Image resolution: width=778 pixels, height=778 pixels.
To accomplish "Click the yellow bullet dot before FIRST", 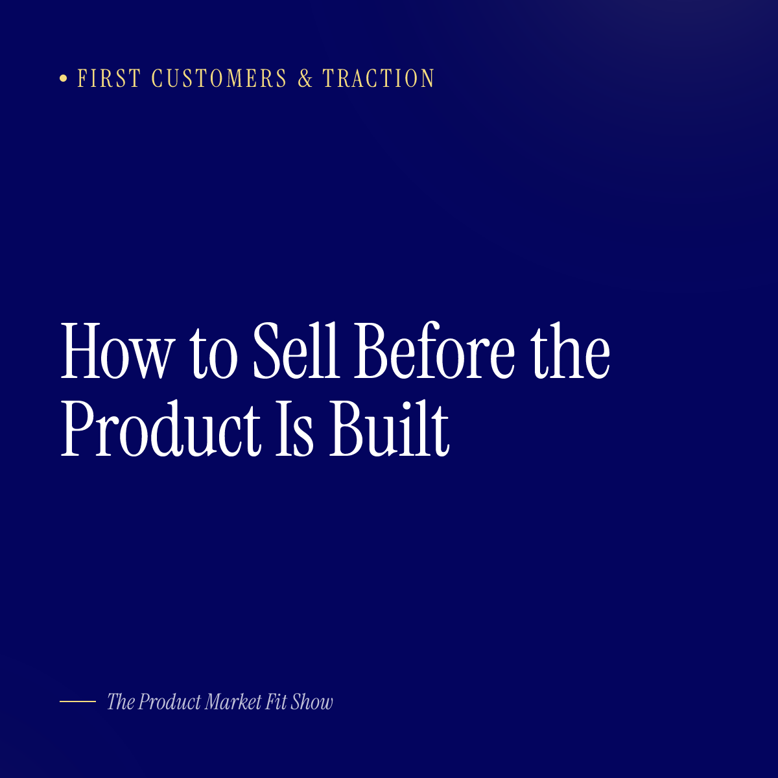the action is (x=64, y=78).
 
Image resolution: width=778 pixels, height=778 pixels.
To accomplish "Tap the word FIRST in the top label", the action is (x=109, y=78).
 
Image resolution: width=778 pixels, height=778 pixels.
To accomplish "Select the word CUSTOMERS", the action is (x=219, y=78).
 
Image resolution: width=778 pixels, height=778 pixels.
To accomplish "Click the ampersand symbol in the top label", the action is (x=305, y=78).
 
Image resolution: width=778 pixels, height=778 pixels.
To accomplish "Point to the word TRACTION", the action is (x=379, y=78).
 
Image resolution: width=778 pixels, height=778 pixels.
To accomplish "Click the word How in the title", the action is (x=118, y=351).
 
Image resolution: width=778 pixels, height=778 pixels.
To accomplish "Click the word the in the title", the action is (x=570, y=351).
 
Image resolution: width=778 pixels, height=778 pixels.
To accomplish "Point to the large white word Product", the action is (x=161, y=429).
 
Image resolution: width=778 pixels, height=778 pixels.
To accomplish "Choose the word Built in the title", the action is (x=389, y=429).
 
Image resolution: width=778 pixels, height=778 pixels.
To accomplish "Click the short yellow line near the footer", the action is (x=78, y=701).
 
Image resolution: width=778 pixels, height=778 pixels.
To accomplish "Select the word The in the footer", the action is (x=121, y=701).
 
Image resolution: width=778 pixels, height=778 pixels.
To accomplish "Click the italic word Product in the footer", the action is (x=170, y=701).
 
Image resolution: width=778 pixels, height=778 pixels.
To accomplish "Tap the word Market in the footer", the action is (x=233, y=701).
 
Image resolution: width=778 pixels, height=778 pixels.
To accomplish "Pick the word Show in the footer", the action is (x=312, y=701).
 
